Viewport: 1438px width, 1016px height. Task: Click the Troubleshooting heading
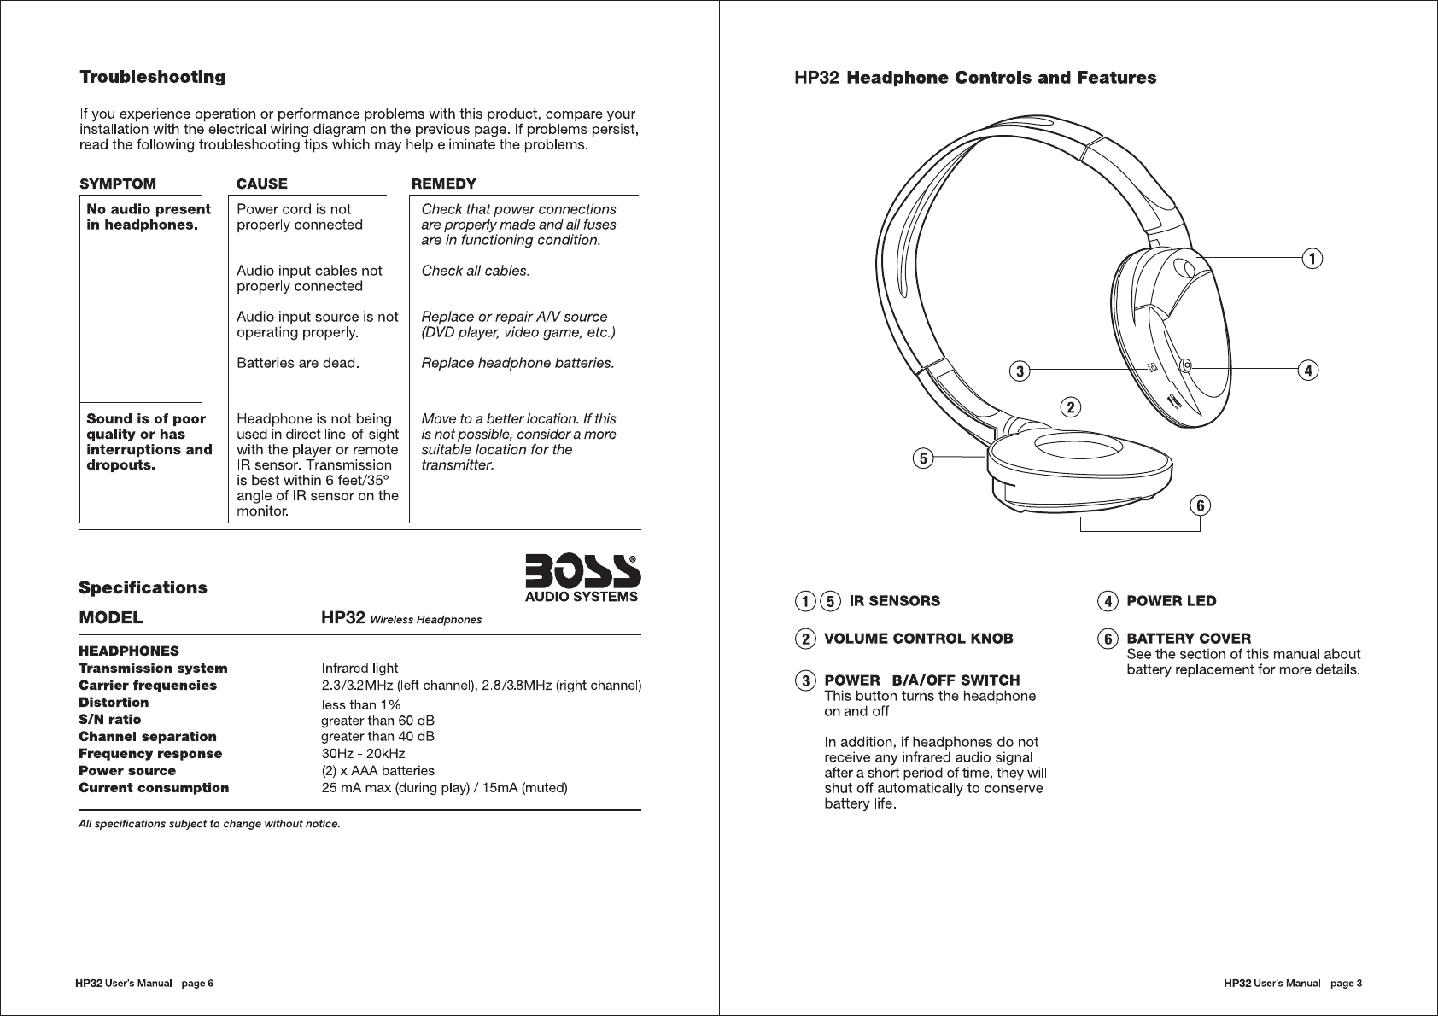pos(152,78)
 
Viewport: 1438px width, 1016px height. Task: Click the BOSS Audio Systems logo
pos(582,578)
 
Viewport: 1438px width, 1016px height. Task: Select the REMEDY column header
pos(444,184)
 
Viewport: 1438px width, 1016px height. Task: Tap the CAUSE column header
pos(261,184)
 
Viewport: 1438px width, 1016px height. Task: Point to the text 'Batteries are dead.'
pos(297,363)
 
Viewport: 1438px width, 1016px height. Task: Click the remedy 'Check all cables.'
pos(476,271)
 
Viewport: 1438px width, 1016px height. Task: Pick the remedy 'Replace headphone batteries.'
pos(517,363)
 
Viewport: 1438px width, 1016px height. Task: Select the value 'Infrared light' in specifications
pos(359,668)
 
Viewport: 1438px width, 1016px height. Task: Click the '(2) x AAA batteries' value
pos(377,770)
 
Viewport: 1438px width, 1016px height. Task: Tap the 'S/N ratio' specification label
pos(110,719)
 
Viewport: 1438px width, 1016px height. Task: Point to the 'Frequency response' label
pos(150,753)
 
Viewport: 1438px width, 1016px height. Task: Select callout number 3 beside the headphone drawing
pos(1019,371)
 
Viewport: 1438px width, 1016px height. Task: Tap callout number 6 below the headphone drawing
pos(1201,505)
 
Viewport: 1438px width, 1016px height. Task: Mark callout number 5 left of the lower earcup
pos(922,458)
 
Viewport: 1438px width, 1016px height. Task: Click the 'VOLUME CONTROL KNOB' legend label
pos(918,639)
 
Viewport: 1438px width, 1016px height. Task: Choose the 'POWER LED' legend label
pos(1171,601)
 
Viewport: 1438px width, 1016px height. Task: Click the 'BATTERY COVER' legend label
pos(1188,639)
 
